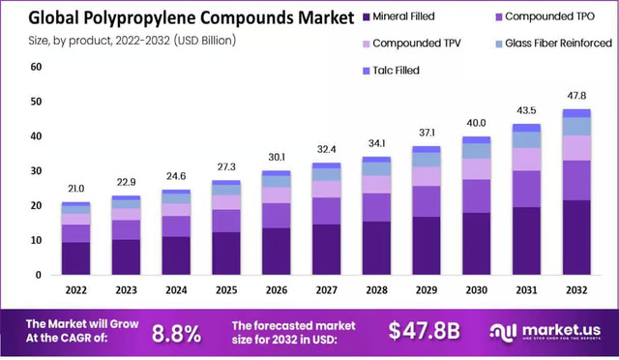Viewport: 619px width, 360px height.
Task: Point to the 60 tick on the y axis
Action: click(36, 67)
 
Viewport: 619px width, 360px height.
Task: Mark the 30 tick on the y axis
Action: click(36, 171)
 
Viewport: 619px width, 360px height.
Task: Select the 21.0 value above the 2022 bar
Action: click(75, 189)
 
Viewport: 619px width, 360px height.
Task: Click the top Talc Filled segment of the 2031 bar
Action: click(526, 128)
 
